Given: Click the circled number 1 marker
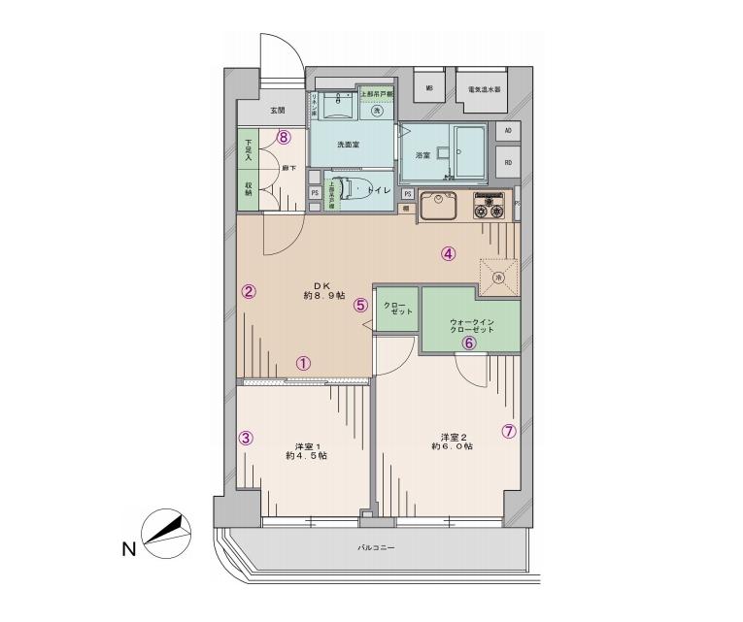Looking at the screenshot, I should [x=303, y=364].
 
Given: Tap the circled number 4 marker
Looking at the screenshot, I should [x=448, y=255].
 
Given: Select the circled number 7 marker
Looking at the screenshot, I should [x=508, y=432].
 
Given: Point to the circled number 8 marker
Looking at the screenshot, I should [x=283, y=137].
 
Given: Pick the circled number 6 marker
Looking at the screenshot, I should [x=468, y=342].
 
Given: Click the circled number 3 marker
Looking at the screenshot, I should [x=247, y=438].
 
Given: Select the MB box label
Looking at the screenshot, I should [x=429, y=89].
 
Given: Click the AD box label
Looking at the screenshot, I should [x=507, y=130].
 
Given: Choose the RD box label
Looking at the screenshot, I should [x=507, y=163].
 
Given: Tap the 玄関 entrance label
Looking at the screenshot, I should [x=251, y=111].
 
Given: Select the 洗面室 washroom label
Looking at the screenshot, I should [x=348, y=145].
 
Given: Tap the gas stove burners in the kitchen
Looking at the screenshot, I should [x=488, y=206].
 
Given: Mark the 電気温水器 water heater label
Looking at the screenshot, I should [x=483, y=89].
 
